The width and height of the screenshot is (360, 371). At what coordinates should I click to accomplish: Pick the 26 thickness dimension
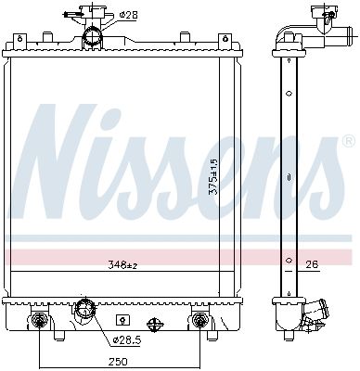[x=312, y=264]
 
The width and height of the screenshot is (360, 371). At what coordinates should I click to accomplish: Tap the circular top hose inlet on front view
[x=92, y=37]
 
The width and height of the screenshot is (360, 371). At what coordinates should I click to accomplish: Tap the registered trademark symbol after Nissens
[x=347, y=142]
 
